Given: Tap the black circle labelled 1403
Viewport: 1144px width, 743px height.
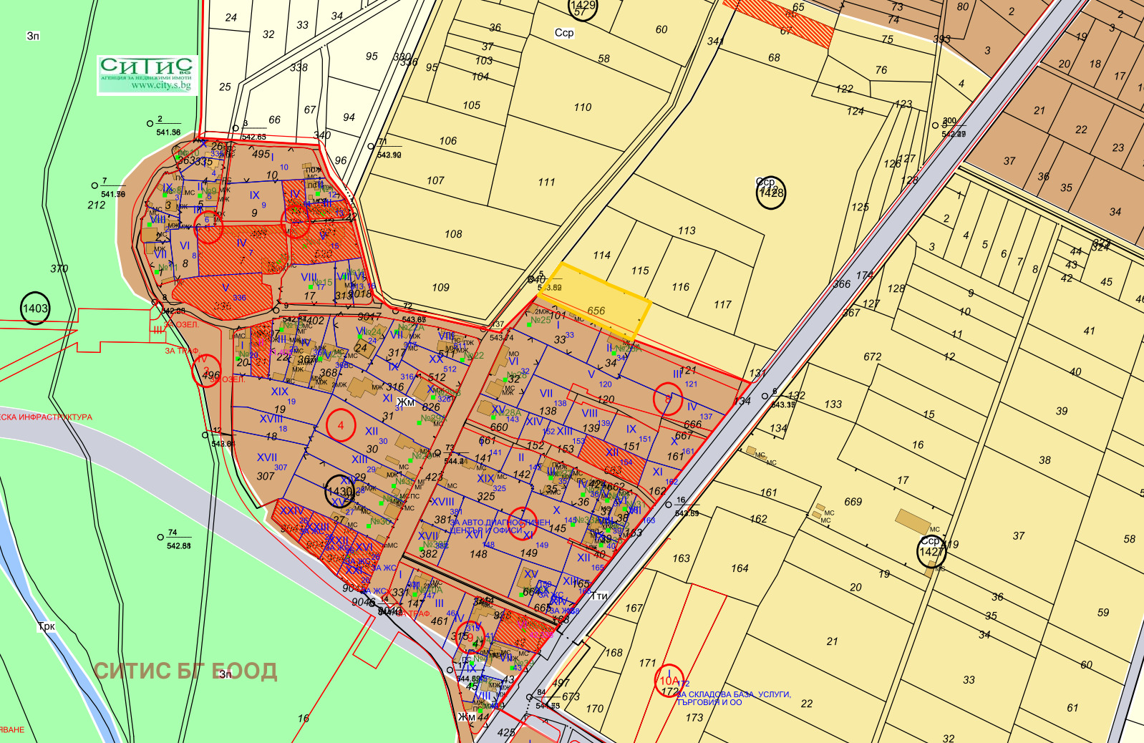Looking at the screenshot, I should click(x=35, y=309).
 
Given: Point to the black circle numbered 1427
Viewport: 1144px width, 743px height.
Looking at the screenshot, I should click(x=931, y=551).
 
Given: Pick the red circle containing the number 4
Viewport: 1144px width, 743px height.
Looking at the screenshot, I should click(x=341, y=425).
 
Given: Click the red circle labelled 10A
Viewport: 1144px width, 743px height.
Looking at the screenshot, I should click(x=669, y=681).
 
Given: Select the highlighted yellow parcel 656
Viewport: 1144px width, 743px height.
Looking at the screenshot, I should click(x=596, y=310).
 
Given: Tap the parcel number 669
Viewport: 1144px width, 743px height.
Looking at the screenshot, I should click(x=853, y=502).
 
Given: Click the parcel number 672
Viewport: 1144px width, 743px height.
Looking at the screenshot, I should click(x=873, y=356).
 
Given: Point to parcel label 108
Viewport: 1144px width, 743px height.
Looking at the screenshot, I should click(x=453, y=234).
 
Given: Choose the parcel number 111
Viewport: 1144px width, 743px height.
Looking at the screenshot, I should click(x=546, y=182).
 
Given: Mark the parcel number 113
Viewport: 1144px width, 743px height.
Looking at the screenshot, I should click(x=687, y=230).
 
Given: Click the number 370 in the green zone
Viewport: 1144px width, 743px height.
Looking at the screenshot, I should click(x=59, y=269).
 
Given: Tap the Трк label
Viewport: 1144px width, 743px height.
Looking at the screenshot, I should click(x=47, y=626).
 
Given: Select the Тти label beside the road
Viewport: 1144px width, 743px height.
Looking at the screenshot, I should click(x=600, y=596).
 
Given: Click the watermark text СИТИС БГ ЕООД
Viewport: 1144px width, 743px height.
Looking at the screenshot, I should click(x=185, y=671).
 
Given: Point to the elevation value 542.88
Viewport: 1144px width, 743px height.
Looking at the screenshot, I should click(x=179, y=546).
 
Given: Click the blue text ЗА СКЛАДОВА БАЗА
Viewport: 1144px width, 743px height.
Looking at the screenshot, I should click(x=734, y=694).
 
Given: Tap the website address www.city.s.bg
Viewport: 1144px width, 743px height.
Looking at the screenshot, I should click(x=161, y=86).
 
